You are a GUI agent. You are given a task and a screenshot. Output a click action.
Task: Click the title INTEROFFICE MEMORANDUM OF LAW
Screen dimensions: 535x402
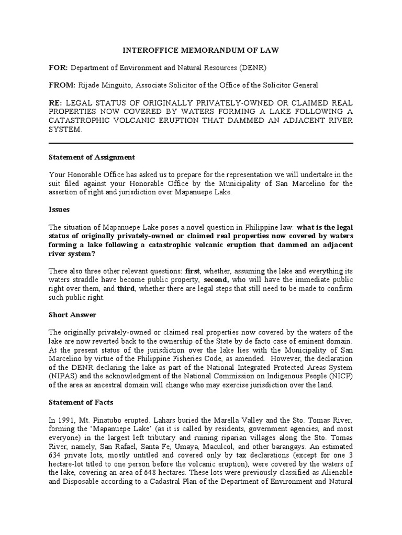coord(201,50)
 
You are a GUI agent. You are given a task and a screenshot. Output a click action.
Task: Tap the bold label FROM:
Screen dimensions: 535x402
coord(62,85)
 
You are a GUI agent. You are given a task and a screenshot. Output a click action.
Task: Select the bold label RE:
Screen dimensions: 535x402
coord(55,102)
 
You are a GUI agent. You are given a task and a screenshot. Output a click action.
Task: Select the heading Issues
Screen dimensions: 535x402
coord(59,209)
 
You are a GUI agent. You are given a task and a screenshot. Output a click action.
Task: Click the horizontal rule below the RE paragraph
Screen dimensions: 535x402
coord(201,143)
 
